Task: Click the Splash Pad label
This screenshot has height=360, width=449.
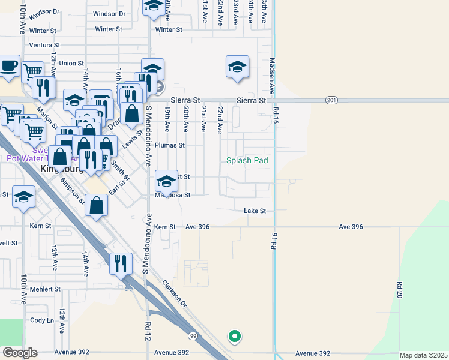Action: click(247, 160)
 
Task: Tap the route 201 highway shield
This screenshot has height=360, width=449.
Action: click(332, 100)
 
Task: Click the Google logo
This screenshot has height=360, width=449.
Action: click(19, 353)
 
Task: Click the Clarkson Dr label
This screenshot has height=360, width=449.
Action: click(174, 293)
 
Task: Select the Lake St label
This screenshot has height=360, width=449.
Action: click(255, 211)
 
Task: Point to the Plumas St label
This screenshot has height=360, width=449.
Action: click(170, 145)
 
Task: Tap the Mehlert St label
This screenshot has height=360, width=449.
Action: click(46, 289)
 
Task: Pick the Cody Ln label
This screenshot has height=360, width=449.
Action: click(42, 320)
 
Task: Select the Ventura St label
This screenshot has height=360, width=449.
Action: click(44, 45)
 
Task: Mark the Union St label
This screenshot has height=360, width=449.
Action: click(71, 63)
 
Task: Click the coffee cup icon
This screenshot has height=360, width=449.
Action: click(9, 66)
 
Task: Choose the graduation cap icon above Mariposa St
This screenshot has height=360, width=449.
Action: click(166, 181)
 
